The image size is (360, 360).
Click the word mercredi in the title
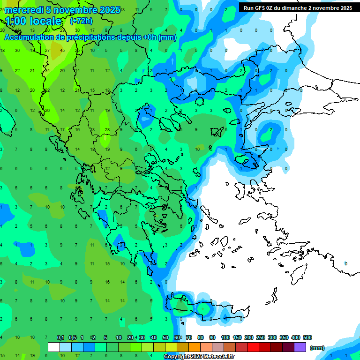click(23, 10)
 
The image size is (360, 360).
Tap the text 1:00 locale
click(33, 21)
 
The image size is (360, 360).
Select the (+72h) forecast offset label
click(81, 21)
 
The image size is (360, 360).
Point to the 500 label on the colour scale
click(307, 337)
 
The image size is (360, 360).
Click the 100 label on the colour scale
click(225, 337)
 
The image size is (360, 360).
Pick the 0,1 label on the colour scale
click(60, 337)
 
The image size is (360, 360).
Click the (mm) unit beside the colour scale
click(317, 348)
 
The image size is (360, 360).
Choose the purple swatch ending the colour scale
click(300, 347)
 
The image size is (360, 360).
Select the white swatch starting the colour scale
click(54, 347)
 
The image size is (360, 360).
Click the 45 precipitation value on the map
click(62, 50)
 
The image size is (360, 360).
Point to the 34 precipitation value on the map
click(47, 71)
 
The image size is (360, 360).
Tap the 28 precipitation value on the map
click(107, 129)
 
